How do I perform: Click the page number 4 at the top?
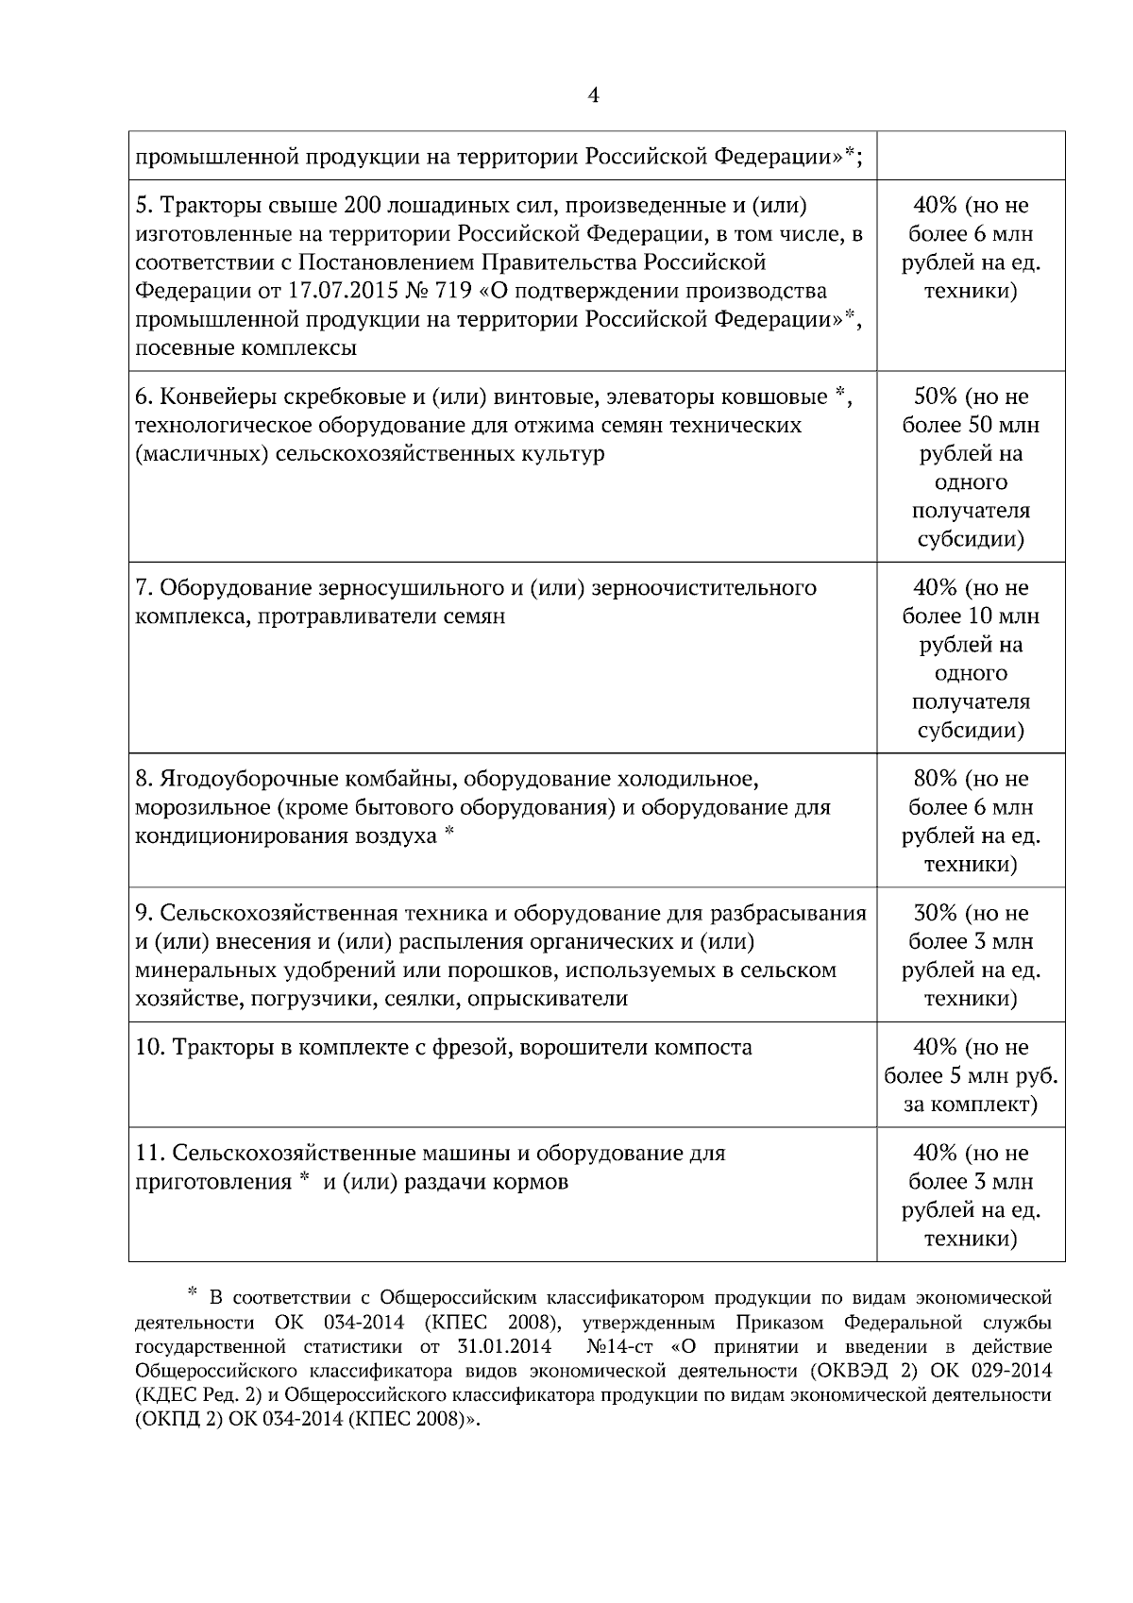tap(594, 95)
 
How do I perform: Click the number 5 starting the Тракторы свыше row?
tap(142, 206)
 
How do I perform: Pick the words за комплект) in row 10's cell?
tap(971, 1105)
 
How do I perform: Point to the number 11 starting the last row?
tap(150, 1154)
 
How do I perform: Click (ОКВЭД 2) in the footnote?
tap(859, 1370)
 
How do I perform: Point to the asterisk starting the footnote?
tap(193, 1291)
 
